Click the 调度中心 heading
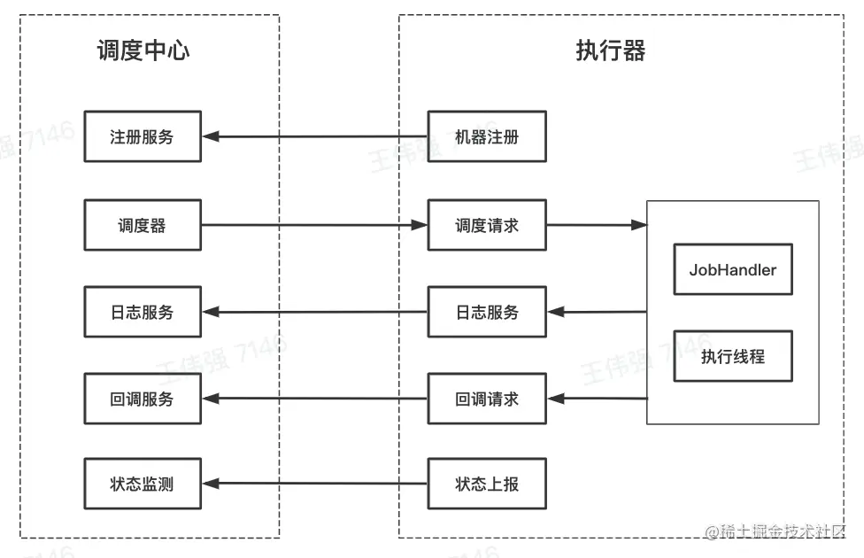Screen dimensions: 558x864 (x=143, y=50)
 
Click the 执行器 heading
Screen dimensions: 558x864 (x=611, y=50)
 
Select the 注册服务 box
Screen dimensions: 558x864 (x=143, y=136)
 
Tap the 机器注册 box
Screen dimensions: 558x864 (x=487, y=136)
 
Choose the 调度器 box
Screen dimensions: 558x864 (x=143, y=225)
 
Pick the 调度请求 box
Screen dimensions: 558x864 (x=487, y=225)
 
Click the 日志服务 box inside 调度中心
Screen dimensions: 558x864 (x=143, y=312)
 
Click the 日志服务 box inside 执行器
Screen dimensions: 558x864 (x=487, y=312)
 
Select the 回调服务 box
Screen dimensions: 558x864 (x=143, y=399)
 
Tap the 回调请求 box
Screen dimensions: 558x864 (x=487, y=399)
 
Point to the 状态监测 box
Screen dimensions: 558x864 (x=143, y=484)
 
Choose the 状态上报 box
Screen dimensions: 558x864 (x=487, y=484)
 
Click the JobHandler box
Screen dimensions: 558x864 (x=732, y=269)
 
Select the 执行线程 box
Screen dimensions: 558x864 (x=732, y=357)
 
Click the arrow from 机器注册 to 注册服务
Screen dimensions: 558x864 (x=314, y=136)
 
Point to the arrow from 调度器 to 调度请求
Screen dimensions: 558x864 (x=314, y=225)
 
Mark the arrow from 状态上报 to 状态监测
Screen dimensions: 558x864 (x=314, y=484)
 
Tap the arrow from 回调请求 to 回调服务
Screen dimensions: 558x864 (x=314, y=399)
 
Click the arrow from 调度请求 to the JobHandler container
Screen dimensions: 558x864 (x=596, y=225)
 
